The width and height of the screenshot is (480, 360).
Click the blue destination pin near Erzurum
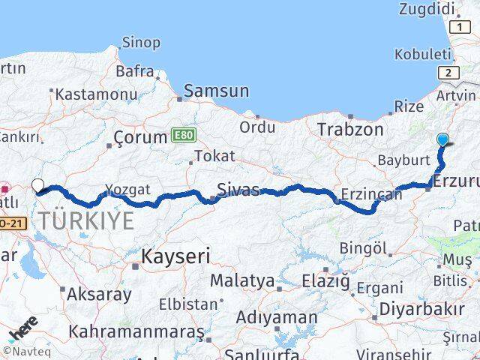point(442,139)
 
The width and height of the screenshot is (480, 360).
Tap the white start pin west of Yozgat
point(38,185)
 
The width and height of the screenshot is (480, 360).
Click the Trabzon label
point(350,128)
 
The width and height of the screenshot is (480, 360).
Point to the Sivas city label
point(238,188)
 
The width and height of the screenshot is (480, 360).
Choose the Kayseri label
point(175,256)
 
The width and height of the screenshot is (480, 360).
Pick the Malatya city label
point(242,281)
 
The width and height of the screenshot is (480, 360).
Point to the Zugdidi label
point(427,10)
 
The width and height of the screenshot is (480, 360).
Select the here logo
point(23,330)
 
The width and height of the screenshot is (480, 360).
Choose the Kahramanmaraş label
point(136,331)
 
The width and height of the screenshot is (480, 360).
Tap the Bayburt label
point(403,160)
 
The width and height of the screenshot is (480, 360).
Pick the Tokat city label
point(214,156)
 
